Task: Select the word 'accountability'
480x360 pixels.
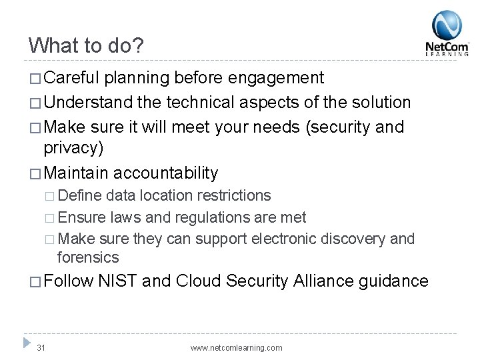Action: pos(166,173)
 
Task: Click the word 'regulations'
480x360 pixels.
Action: pos(209,217)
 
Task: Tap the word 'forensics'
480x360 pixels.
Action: pos(88,257)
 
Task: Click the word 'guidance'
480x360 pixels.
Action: pos(395,281)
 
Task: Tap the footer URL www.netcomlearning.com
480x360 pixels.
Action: pos(236,347)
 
